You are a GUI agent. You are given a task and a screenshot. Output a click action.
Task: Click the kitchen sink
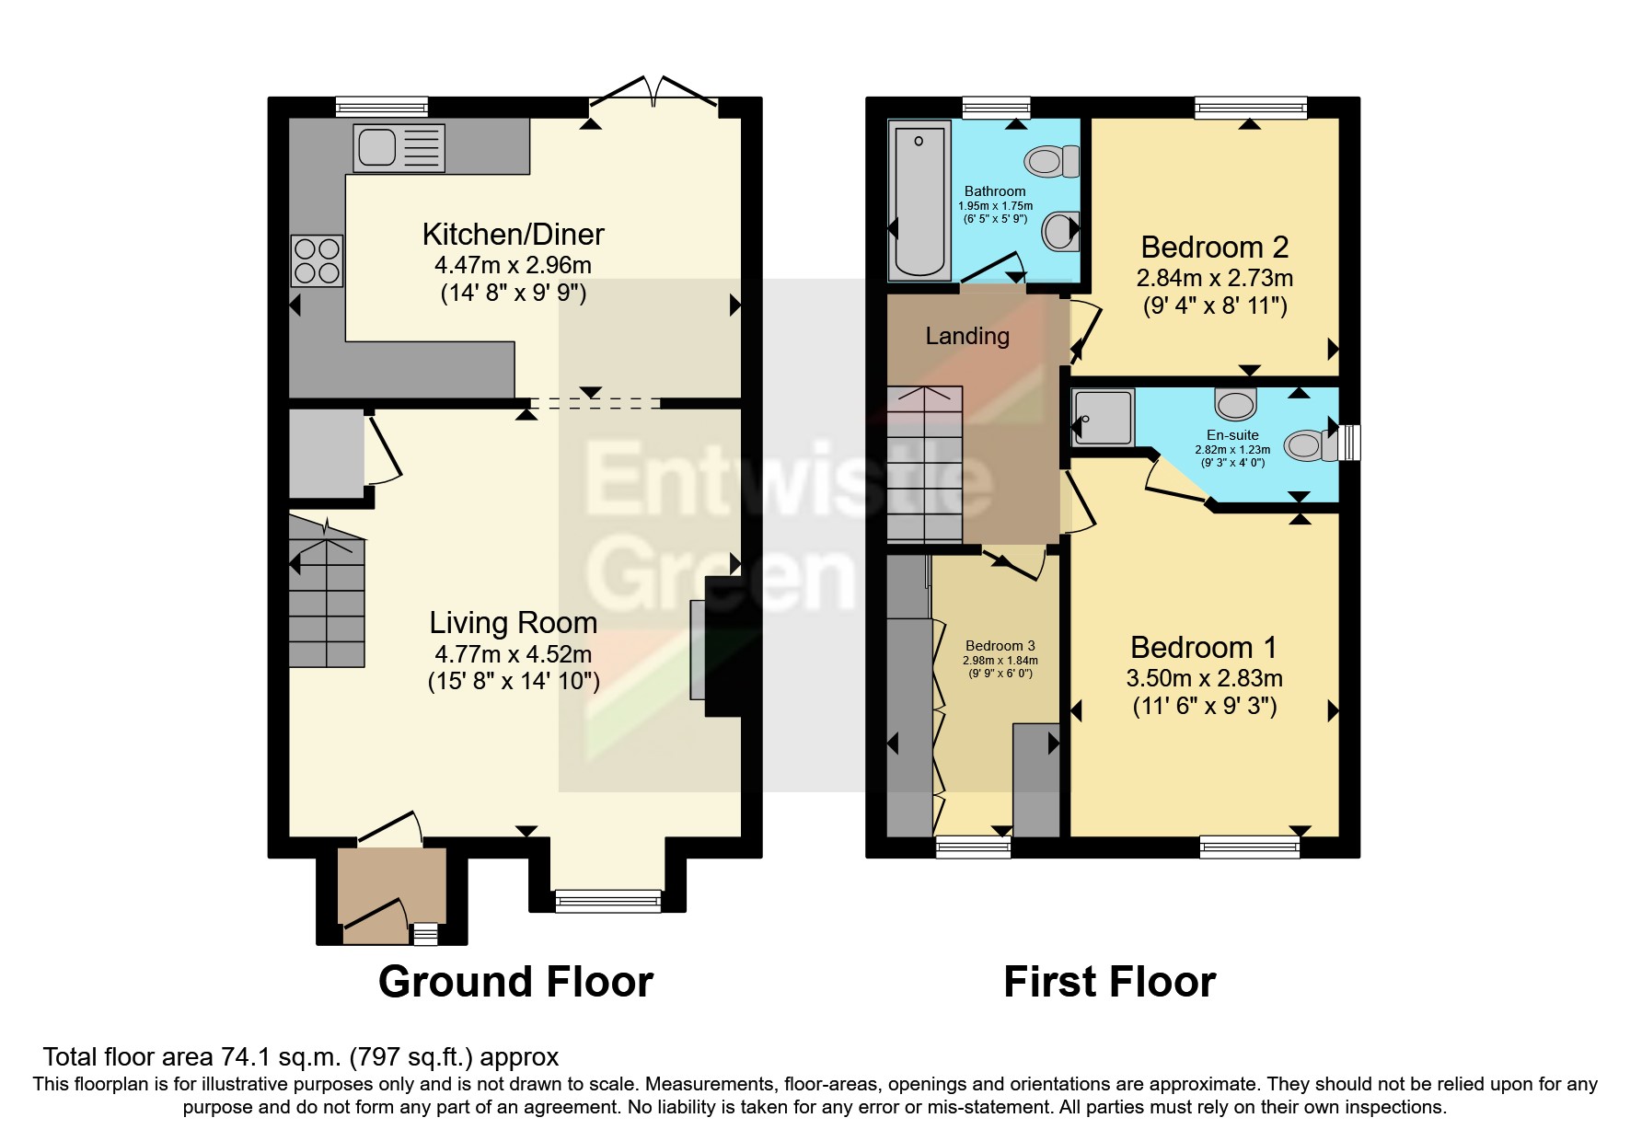tap(399, 148)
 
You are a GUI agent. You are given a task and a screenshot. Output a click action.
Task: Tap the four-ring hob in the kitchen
tap(318, 260)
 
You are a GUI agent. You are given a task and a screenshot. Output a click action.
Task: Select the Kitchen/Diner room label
tap(513, 235)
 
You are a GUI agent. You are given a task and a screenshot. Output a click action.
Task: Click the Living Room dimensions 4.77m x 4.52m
tap(513, 655)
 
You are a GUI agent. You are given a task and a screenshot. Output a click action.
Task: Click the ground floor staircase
tap(327, 603)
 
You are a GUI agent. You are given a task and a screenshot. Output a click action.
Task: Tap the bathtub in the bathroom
tap(919, 200)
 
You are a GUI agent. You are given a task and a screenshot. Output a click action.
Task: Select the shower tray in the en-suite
tap(1103, 418)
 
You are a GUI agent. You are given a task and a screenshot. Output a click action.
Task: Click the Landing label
tap(967, 337)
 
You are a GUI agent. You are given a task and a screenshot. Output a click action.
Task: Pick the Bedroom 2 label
tap(1214, 248)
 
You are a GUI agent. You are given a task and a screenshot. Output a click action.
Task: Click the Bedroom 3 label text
tap(1000, 646)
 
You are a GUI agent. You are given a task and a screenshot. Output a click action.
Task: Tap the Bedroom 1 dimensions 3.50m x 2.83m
tap(1204, 679)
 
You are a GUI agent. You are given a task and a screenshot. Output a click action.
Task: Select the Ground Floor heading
tap(515, 982)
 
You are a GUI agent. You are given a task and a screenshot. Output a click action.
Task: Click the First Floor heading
tap(1109, 982)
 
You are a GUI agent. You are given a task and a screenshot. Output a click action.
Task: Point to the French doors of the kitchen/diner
tap(653, 94)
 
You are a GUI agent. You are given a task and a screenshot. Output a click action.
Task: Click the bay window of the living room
tap(608, 900)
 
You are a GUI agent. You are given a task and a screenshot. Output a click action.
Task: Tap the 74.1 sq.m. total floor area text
tap(300, 1057)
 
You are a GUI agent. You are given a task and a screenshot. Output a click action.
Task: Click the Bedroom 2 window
tap(1250, 109)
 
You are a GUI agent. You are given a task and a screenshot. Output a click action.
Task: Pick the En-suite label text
tap(1232, 435)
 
